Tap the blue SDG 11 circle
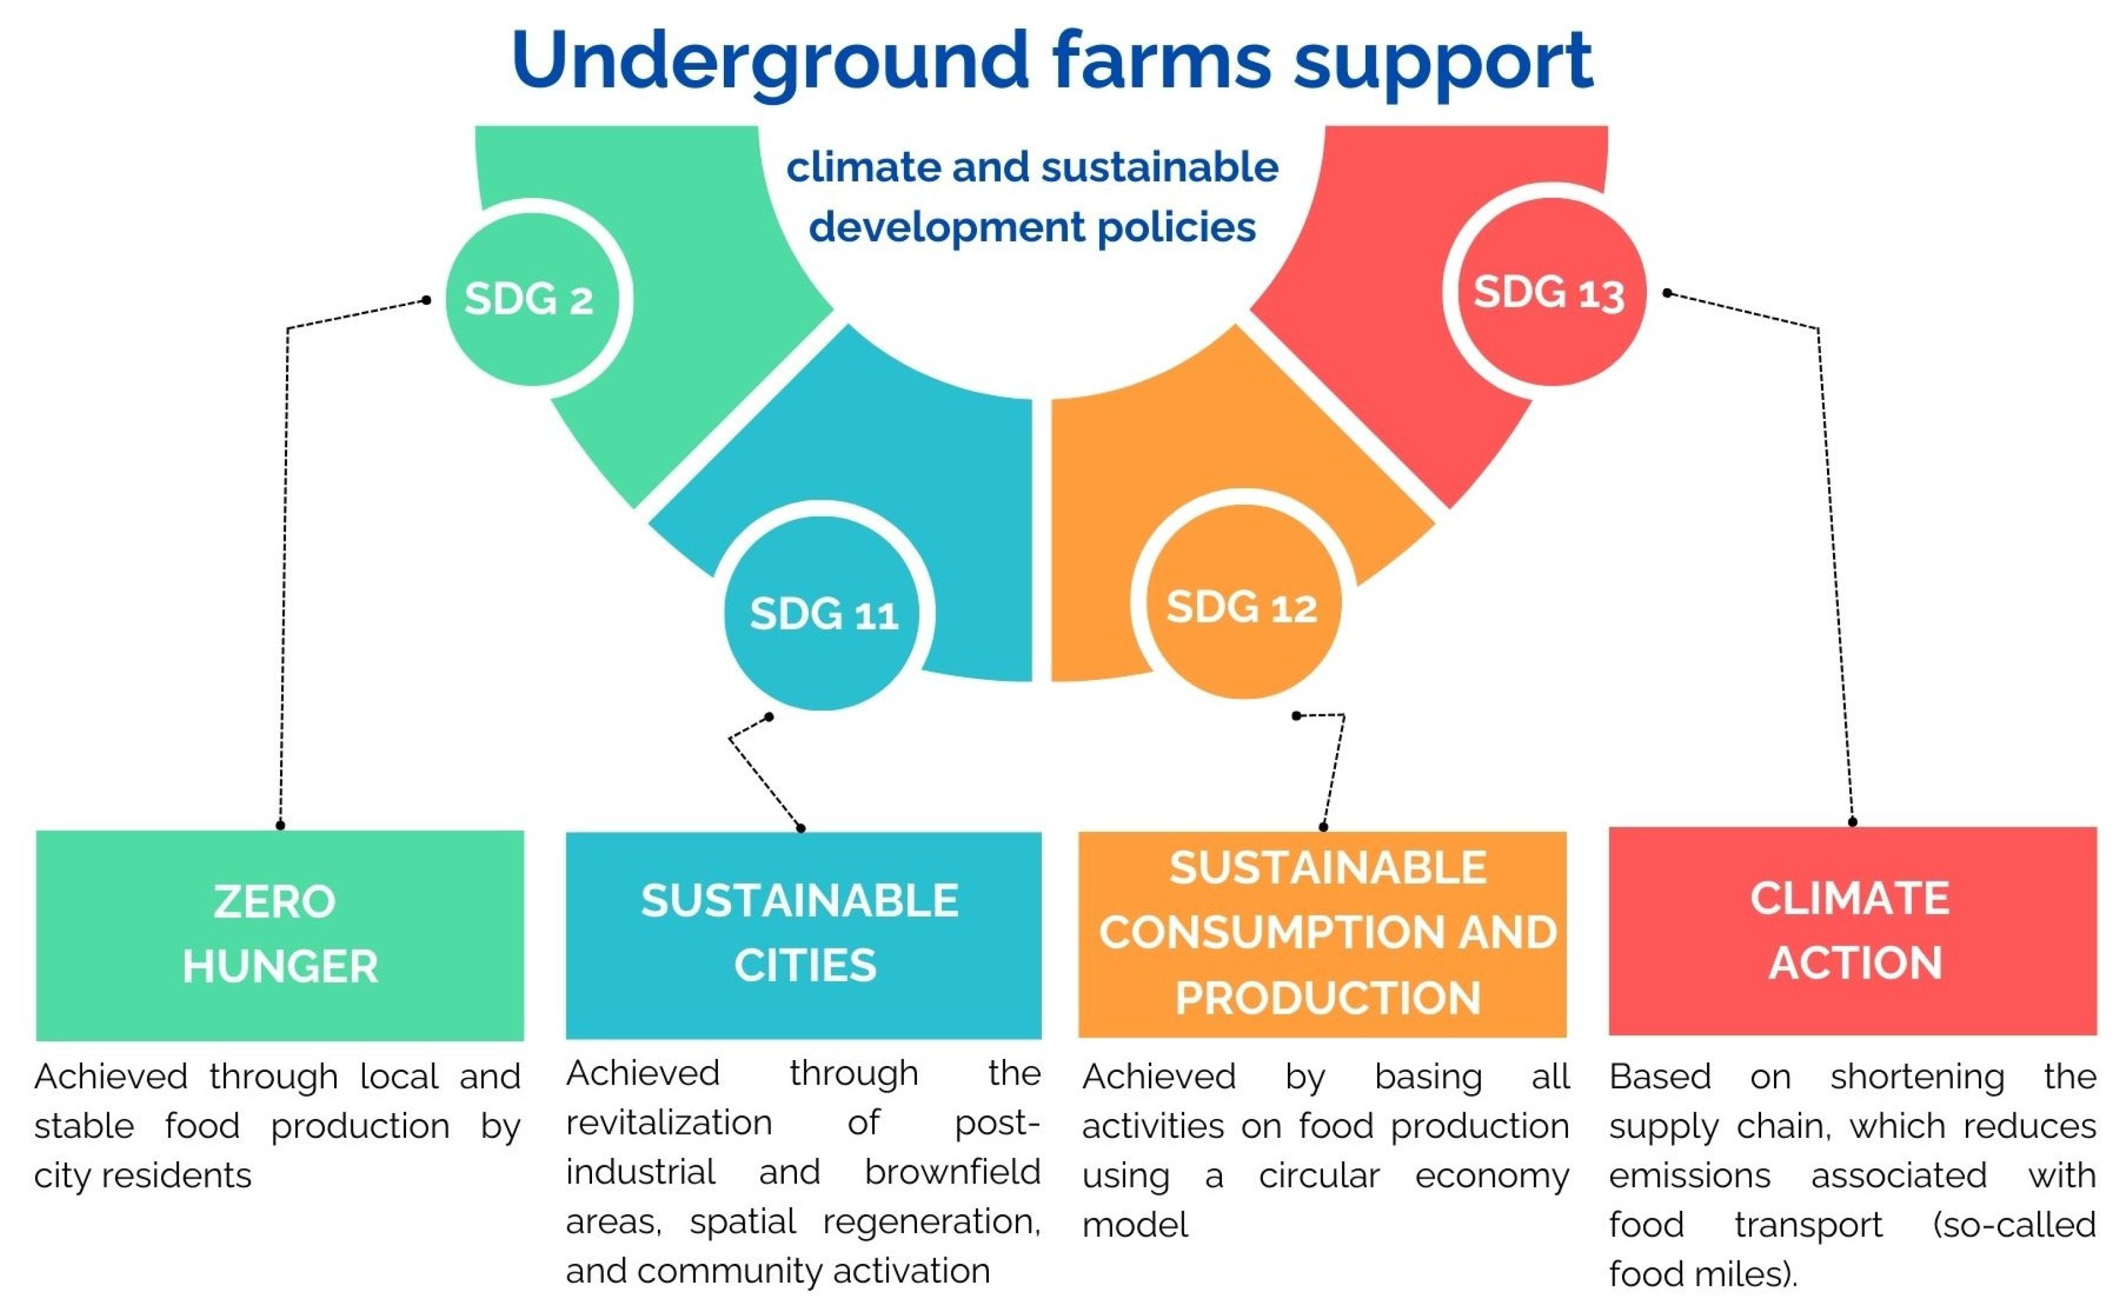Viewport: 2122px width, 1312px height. click(x=822, y=613)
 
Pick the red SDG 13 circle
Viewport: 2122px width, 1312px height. click(x=1549, y=292)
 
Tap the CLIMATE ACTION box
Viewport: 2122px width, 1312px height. click(x=1852, y=930)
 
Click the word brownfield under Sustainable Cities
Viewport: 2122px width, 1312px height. click(x=952, y=1172)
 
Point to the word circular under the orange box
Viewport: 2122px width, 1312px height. click(x=1318, y=1176)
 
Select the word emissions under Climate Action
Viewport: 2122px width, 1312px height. click(x=1689, y=1176)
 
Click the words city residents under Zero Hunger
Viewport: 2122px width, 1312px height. click(x=143, y=1176)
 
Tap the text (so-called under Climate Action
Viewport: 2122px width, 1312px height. click(x=2014, y=1225)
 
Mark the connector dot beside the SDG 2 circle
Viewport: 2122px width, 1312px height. click(x=426, y=300)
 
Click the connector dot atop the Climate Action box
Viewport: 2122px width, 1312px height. click(x=1852, y=821)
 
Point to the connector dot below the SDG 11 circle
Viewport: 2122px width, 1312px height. click(x=769, y=717)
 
